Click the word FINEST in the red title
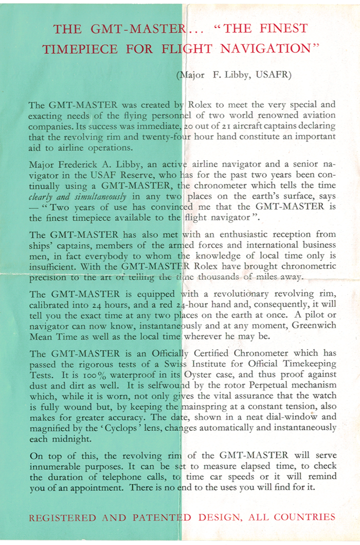pyautogui.click(x=282, y=28)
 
